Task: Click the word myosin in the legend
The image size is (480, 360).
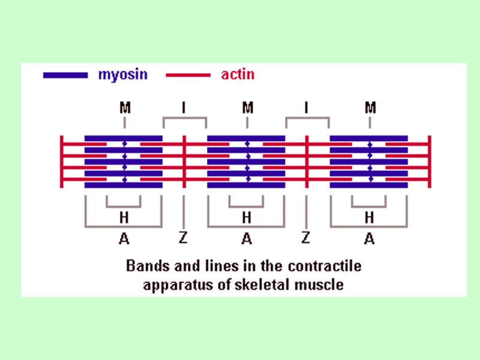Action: click(122, 75)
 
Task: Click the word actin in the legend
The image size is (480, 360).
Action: click(238, 75)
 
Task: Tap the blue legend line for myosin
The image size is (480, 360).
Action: click(65, 76)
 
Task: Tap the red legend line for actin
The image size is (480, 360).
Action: click(188, 76)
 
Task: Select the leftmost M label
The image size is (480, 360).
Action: click(125, 108)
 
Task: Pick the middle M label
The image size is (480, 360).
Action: click(247, 108)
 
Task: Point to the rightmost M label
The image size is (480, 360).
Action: click(370, 108)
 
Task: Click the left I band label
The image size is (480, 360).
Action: click(184, 108)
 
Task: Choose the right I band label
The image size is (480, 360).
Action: click(307, 108)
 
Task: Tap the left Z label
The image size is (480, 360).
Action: click(184, 238)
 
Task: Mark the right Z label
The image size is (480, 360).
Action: click(306, 238)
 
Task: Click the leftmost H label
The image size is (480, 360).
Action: click(124, 217)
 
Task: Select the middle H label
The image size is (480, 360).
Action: click(247, 217)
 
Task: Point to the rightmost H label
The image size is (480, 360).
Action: click(370, 217)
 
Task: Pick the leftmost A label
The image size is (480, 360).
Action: click(124, 239)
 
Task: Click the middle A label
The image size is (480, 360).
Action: click(247, 239)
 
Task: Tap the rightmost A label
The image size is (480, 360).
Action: click(370, 239)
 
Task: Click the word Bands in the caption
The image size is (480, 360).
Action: click(145, 265)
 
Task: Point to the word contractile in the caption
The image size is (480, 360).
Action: click(329, 265)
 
